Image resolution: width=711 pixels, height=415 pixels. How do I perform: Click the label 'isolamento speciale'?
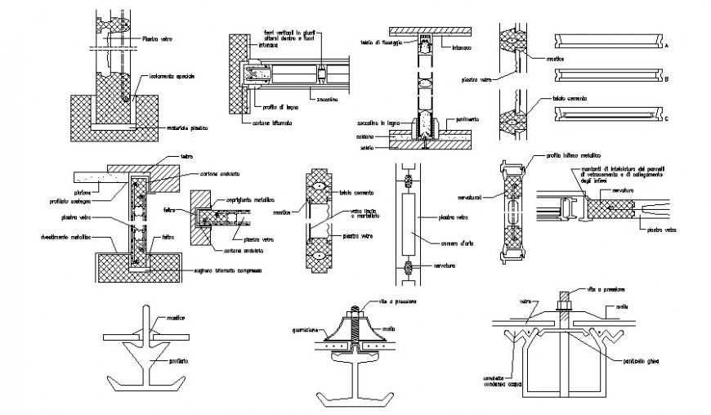coord(171,76)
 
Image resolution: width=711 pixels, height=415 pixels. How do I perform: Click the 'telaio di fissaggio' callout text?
coord(381,42)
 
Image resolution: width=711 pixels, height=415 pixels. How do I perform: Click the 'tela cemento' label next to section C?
coord(570,98)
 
